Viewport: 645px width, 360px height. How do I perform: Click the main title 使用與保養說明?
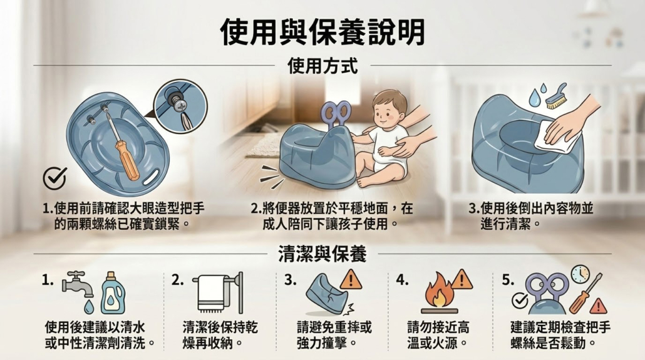point(322,32)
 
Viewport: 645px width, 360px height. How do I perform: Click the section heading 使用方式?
point(322,66)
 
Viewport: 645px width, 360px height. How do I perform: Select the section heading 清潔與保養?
point(322,254)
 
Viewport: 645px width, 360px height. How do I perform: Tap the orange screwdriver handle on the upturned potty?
point(127,160)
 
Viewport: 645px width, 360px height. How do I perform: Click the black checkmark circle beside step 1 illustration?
point(54,178)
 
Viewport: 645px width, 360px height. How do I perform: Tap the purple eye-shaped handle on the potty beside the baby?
point(336,113)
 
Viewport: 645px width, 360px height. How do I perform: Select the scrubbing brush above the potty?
point(556,97)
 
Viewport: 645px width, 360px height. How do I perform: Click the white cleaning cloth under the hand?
point(555,138)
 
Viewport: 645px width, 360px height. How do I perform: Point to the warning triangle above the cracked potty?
point(351,280)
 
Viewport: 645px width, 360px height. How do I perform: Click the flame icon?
point(439,291)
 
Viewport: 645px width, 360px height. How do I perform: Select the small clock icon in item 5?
point(580,274)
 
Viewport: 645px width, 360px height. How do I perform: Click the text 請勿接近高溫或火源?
point(438,336)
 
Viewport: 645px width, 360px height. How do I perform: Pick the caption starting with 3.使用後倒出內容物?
point(531,216)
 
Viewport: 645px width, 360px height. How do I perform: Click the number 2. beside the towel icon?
point(177,280)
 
